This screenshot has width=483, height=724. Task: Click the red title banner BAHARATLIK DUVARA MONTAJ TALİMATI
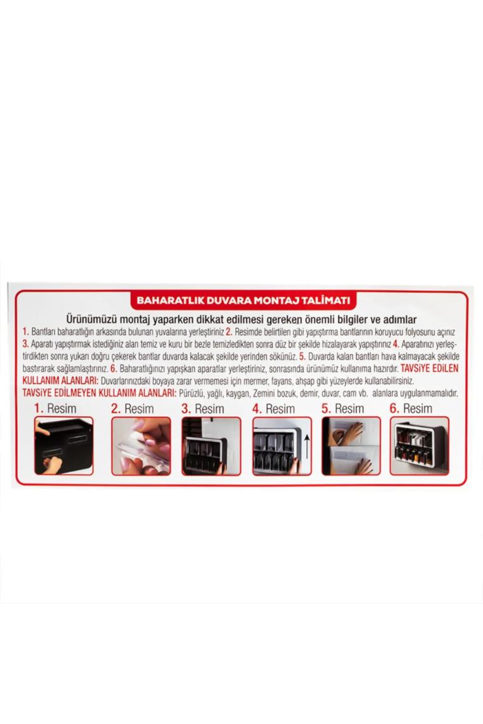click(243, 300)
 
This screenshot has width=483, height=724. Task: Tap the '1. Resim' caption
click(55, 408)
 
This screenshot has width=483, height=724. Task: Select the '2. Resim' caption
click(132, 408)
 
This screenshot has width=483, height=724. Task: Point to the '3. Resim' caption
click(203, 408)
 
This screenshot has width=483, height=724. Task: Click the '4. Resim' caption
click(273, 408)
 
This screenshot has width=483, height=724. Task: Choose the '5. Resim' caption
click(343, 408)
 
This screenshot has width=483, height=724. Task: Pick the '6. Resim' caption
click(411, 408)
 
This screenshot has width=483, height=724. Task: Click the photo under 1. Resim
click(64, 446)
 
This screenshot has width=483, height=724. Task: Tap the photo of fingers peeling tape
click(141, 446)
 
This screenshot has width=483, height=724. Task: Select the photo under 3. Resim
click(211, 446)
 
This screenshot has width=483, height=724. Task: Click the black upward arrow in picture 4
click(307, 444)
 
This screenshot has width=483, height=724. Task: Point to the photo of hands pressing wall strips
click(351, 446)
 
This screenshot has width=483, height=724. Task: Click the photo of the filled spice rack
click(419, 446)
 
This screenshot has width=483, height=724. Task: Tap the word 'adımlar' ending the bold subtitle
click(398, 319)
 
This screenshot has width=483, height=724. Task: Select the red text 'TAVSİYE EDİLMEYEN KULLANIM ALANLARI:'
click(99, 393)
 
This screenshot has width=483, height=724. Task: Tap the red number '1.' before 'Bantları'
click(26, 332)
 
